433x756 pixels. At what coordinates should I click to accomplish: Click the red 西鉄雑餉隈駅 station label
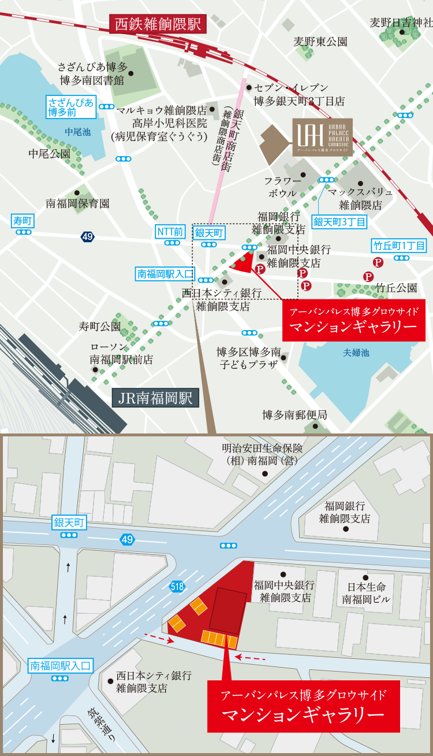158,24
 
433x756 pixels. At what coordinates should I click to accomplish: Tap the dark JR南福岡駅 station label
155,399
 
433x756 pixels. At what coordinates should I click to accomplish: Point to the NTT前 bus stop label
170,232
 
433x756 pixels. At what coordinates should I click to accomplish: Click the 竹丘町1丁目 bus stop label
399,246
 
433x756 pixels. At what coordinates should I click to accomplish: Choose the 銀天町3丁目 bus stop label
340,221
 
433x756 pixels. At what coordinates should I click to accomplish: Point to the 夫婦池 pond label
356,352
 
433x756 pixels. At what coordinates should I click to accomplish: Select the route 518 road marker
178,587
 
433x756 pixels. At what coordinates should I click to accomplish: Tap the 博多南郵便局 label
294,415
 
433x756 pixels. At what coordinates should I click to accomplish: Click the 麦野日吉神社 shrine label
401,23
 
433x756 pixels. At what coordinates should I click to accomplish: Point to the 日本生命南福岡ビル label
366,593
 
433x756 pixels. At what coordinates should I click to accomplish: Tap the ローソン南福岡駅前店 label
121,353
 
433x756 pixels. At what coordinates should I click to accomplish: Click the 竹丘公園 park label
396,287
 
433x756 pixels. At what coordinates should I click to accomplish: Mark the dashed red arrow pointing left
251,658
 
